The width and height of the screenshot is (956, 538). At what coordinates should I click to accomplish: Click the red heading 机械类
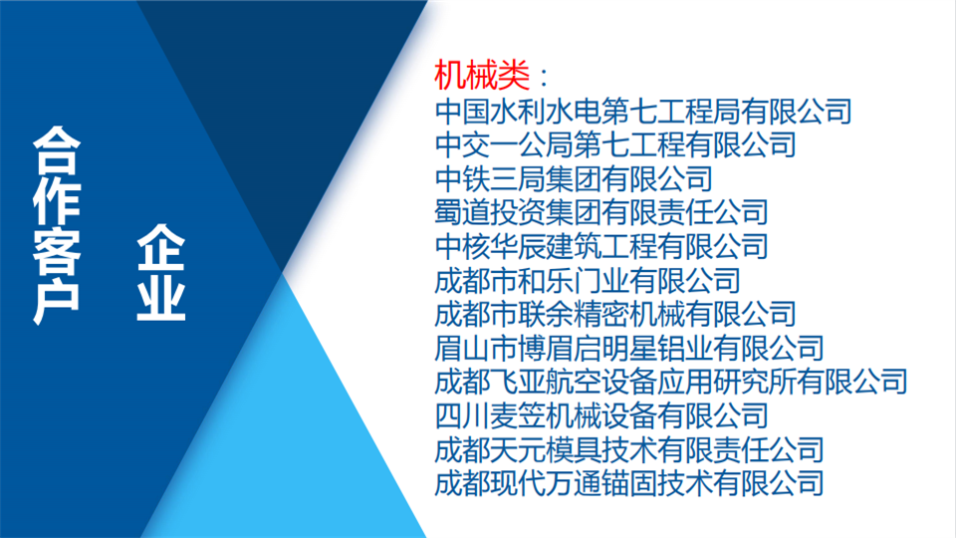[x=482, y=76]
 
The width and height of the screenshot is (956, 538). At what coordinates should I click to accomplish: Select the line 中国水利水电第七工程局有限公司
[x=643, y=111]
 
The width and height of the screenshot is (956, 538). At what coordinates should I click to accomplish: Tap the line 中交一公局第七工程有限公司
[x=615, y=144]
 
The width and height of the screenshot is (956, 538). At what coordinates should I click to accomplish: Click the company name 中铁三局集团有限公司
[x=574, y=178]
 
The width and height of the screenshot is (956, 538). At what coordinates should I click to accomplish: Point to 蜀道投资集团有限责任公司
[x=601, y=212]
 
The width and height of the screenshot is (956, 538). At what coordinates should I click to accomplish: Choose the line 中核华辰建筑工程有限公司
[x=601, y=246]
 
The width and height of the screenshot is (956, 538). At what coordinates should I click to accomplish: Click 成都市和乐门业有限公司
[x=588, y=281]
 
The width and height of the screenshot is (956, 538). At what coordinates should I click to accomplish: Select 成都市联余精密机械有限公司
[x=615, y=314]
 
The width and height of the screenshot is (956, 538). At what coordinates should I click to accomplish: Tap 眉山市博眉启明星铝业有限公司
[x=629, y=349]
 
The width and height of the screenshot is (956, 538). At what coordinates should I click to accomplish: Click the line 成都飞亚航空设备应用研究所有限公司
[x=670, y=382]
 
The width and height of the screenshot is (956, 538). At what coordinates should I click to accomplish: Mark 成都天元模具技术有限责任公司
[x=629, y=450]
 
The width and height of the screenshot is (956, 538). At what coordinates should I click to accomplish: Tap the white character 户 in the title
[x=57, y=300]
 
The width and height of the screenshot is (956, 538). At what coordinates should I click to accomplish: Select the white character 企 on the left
[x=161, y=248]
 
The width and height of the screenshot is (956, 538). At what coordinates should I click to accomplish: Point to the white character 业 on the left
[x=161, y=297]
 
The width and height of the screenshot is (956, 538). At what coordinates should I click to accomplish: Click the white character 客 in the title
[x=57, y=251]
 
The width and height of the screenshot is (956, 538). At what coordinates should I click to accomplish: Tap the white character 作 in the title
[x=57, y=201]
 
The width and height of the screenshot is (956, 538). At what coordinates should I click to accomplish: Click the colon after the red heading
[x=544, y=78]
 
